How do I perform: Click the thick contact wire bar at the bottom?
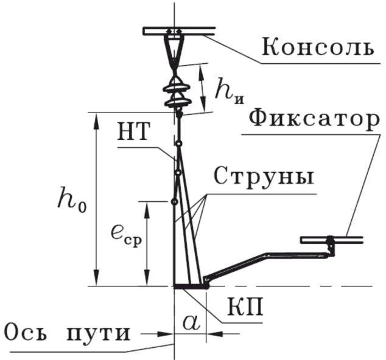tap(191, 285)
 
